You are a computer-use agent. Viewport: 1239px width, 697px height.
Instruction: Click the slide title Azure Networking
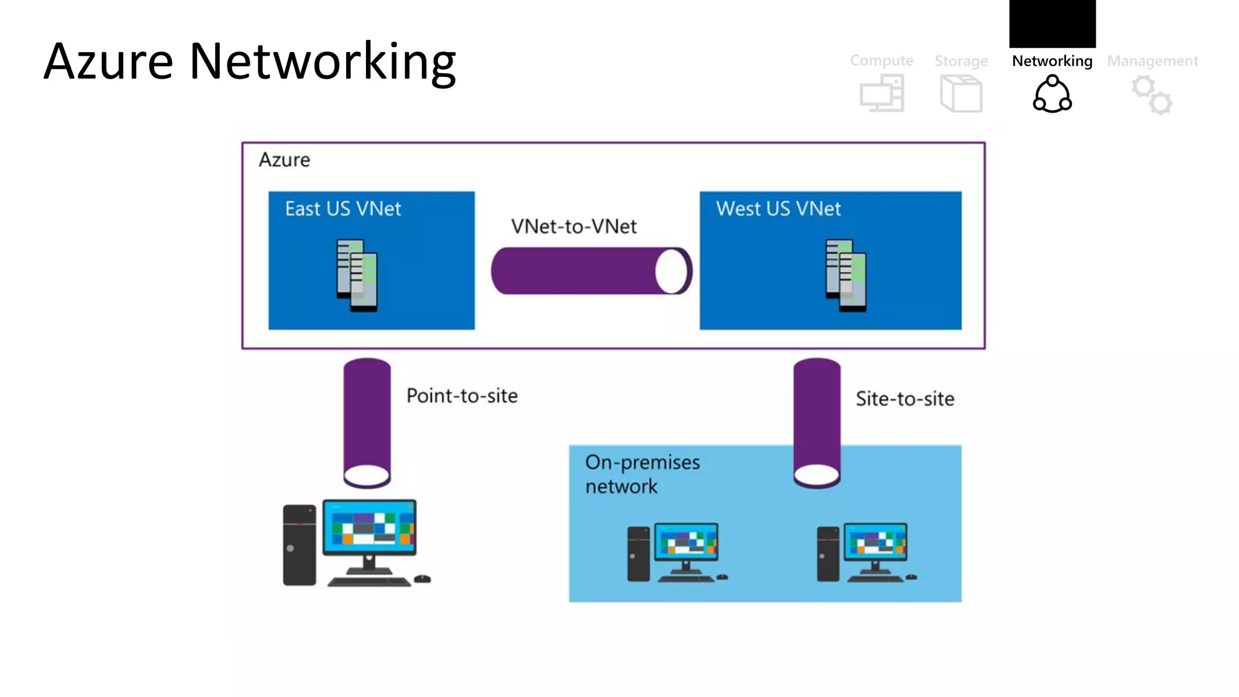[250, 62]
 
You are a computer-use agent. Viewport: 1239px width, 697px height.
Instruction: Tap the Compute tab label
[881, 61]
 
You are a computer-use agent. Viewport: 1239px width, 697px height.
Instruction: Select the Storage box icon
[961, 94]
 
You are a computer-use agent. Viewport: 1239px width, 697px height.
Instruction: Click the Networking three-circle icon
[1052, 94]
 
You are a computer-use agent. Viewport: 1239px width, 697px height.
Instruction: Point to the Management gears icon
[1152, 95]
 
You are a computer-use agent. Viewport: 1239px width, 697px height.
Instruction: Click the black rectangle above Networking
[1052, 23]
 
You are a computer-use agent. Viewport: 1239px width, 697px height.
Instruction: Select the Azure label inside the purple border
[284, 160]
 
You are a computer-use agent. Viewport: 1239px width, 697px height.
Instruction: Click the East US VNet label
[343, 209]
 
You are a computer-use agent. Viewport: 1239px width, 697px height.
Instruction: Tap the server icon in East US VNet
[357, 275]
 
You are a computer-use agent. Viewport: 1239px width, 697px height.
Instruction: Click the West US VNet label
[778, 209]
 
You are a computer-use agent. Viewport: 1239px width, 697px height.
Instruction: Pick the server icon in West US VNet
[846, 275]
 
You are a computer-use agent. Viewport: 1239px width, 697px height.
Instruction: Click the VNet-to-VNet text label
[574, 226]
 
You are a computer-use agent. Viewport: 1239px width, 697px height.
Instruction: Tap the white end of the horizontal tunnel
[672, 271]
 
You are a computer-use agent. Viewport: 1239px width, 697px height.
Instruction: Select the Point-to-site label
[462, 396]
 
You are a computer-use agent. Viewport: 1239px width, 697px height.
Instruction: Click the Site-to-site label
[904, 399]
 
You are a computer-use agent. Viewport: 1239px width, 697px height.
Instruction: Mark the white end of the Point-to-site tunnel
[367, 476]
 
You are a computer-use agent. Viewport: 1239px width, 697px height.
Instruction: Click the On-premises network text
[642, 474]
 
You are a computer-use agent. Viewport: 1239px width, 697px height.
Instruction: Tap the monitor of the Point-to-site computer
[369, 527]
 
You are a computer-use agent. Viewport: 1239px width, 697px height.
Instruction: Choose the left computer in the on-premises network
[676, 552]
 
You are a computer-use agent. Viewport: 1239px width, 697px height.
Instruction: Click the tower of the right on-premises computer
[828, 554]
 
